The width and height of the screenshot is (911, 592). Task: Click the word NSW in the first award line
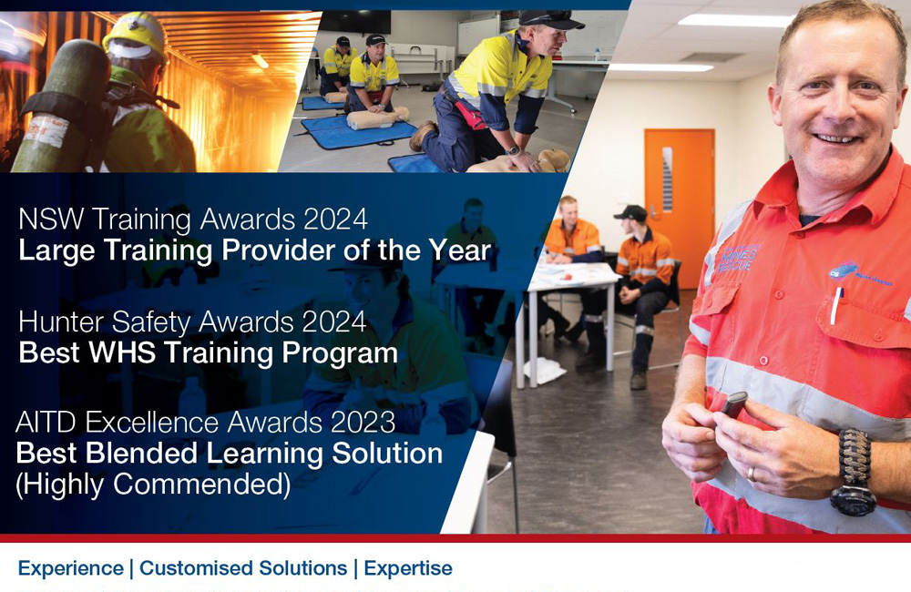(x=51, y=219)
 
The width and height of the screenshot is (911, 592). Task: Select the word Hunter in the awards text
(x=60, y=322)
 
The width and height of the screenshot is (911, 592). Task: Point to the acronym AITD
(x=46, y=422)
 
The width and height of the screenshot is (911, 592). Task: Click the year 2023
(x=363, y=422)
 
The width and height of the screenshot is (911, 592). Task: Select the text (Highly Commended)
(x=153, y=485)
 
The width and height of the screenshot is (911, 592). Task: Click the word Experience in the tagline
(x=71, y=568)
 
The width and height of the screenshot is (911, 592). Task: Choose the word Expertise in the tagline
(x=408, y=568)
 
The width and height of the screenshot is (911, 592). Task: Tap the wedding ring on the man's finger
(x=752, y=474)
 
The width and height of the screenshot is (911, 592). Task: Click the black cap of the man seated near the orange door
(x=630, y=212)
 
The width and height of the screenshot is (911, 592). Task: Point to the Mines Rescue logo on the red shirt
(x=738, y=259)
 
